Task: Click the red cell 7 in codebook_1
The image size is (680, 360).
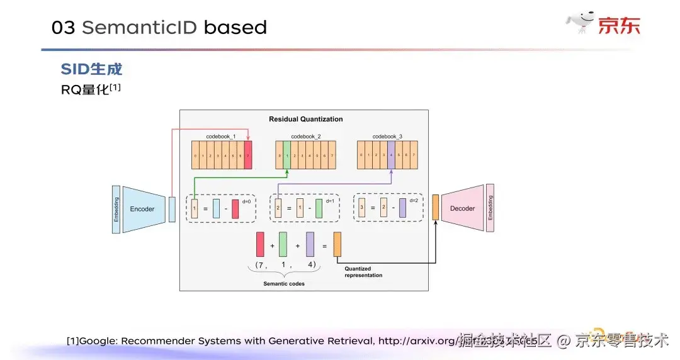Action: pyautogui.click(x=248, y=155)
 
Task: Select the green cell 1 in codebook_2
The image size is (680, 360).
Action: pyautogui.click(x=287, y=155)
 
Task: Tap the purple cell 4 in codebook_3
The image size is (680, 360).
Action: pyautogui.click(x=391, y=155)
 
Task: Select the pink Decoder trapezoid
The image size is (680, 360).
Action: pyautogui.click(x=463, y=208)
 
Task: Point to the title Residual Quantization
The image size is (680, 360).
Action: pyautogui.click(x=305, y=119)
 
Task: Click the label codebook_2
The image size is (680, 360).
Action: pyautogui.click(x=305, y=137)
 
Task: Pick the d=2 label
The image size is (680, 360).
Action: pyautogui.click(x=413, y=201)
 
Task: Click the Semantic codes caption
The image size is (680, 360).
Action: pyautogui.click(x=284, y=284)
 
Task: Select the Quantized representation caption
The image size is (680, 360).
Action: pyautogui.click(x=363, y=272)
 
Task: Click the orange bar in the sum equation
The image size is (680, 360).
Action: pyautogui.click(x=337, y=244)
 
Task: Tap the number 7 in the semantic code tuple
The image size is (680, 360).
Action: pyautogui.click(x=258, y=264)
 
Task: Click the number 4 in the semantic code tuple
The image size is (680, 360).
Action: pyautogui.click(x=310, y=264)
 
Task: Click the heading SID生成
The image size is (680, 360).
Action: pyautogui.click(x=91, y=69)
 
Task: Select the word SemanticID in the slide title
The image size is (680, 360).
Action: pyautogui.click(x=139, y=28)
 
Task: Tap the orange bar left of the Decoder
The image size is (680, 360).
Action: pyautogui.click(x=435, y=208)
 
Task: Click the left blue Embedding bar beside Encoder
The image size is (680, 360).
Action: pyautogui.click(x=115, y=210)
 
